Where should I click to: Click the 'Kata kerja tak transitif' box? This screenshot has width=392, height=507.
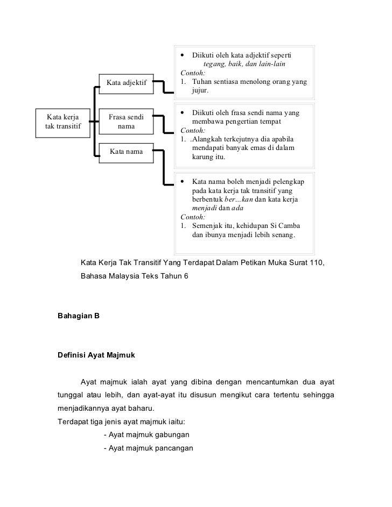(x=62, y=122)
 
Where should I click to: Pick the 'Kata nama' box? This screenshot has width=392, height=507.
(x=127, y=152)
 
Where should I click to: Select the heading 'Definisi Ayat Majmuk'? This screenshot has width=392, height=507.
(x=96, y=355)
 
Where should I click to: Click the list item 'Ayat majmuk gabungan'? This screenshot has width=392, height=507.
(x=145, y=434)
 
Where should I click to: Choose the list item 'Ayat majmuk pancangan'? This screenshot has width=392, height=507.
(x=148, y=448)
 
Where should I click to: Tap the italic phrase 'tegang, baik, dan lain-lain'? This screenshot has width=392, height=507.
(x=244, y=65)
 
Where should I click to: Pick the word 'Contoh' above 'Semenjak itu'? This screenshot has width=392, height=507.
(x=192, y=217)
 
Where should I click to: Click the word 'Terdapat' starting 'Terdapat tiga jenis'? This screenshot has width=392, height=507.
(x=74, y=422)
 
